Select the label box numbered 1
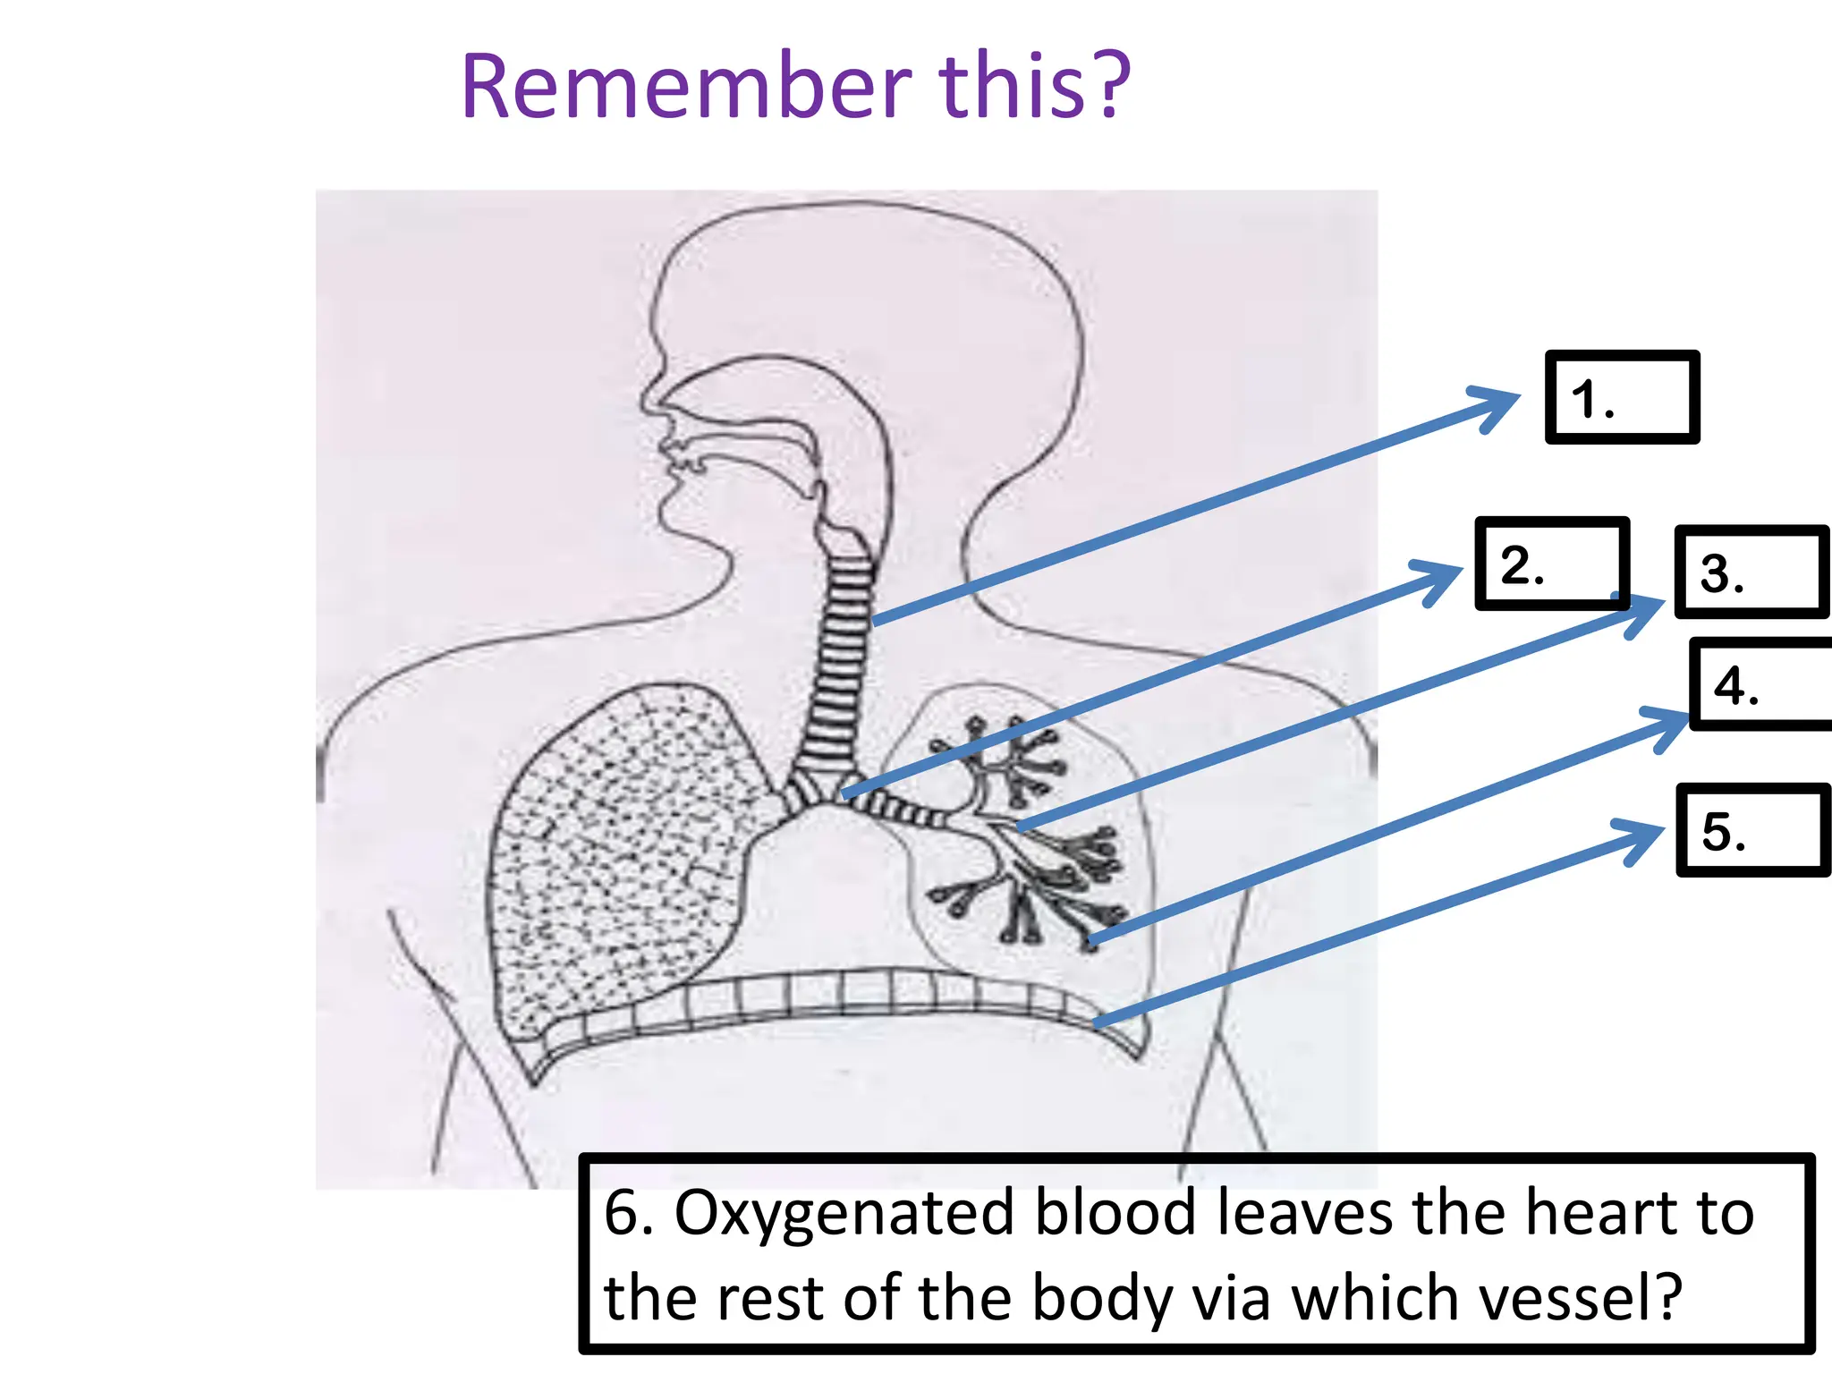[1622, 397]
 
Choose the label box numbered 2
[1550, 564]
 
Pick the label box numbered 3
[1751, 572]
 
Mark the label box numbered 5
[1751, 829]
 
